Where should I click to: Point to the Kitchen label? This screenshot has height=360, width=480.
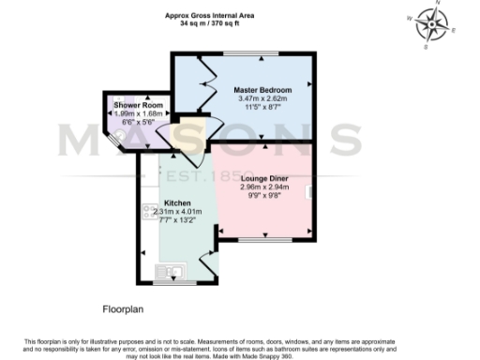pos(177,202)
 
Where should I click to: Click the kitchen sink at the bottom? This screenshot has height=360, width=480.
pos(174,273)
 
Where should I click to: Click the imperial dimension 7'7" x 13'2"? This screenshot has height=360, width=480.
pos(177,220)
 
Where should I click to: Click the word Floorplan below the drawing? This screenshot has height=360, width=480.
pos(122,307)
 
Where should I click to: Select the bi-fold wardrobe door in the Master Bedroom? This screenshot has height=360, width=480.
pos(201,82)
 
